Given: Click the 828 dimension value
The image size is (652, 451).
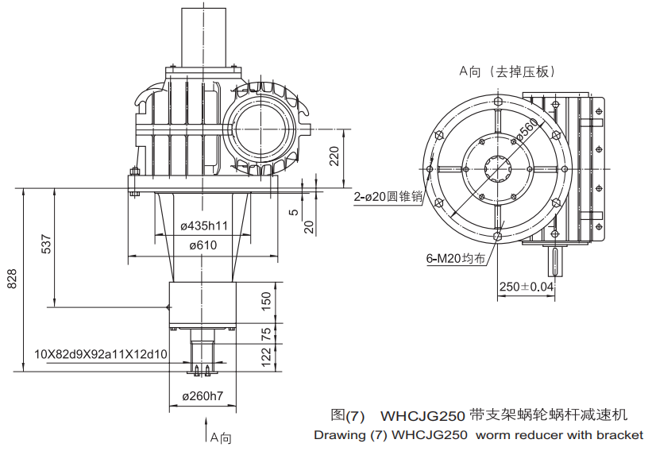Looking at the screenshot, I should [x=12, y=279].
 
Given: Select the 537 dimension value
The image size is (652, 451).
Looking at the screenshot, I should [x=46, y=246].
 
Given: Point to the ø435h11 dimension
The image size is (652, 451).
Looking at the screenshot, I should [x=204, y=225].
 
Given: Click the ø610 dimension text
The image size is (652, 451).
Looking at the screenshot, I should [x=203, y=245].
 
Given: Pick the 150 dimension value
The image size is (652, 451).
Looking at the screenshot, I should [x=267, y=300].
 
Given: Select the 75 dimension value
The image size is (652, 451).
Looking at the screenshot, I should [x=267, y=332].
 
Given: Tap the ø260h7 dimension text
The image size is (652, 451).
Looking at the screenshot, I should [x=203, y=396].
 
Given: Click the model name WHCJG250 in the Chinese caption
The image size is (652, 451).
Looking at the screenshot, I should [x=422, y=415].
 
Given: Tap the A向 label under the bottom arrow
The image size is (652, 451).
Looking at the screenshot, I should [x=219, y=438].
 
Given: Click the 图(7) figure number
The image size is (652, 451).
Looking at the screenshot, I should [x=348, y=415].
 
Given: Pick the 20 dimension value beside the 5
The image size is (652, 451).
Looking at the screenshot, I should [x=310, y=227].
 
